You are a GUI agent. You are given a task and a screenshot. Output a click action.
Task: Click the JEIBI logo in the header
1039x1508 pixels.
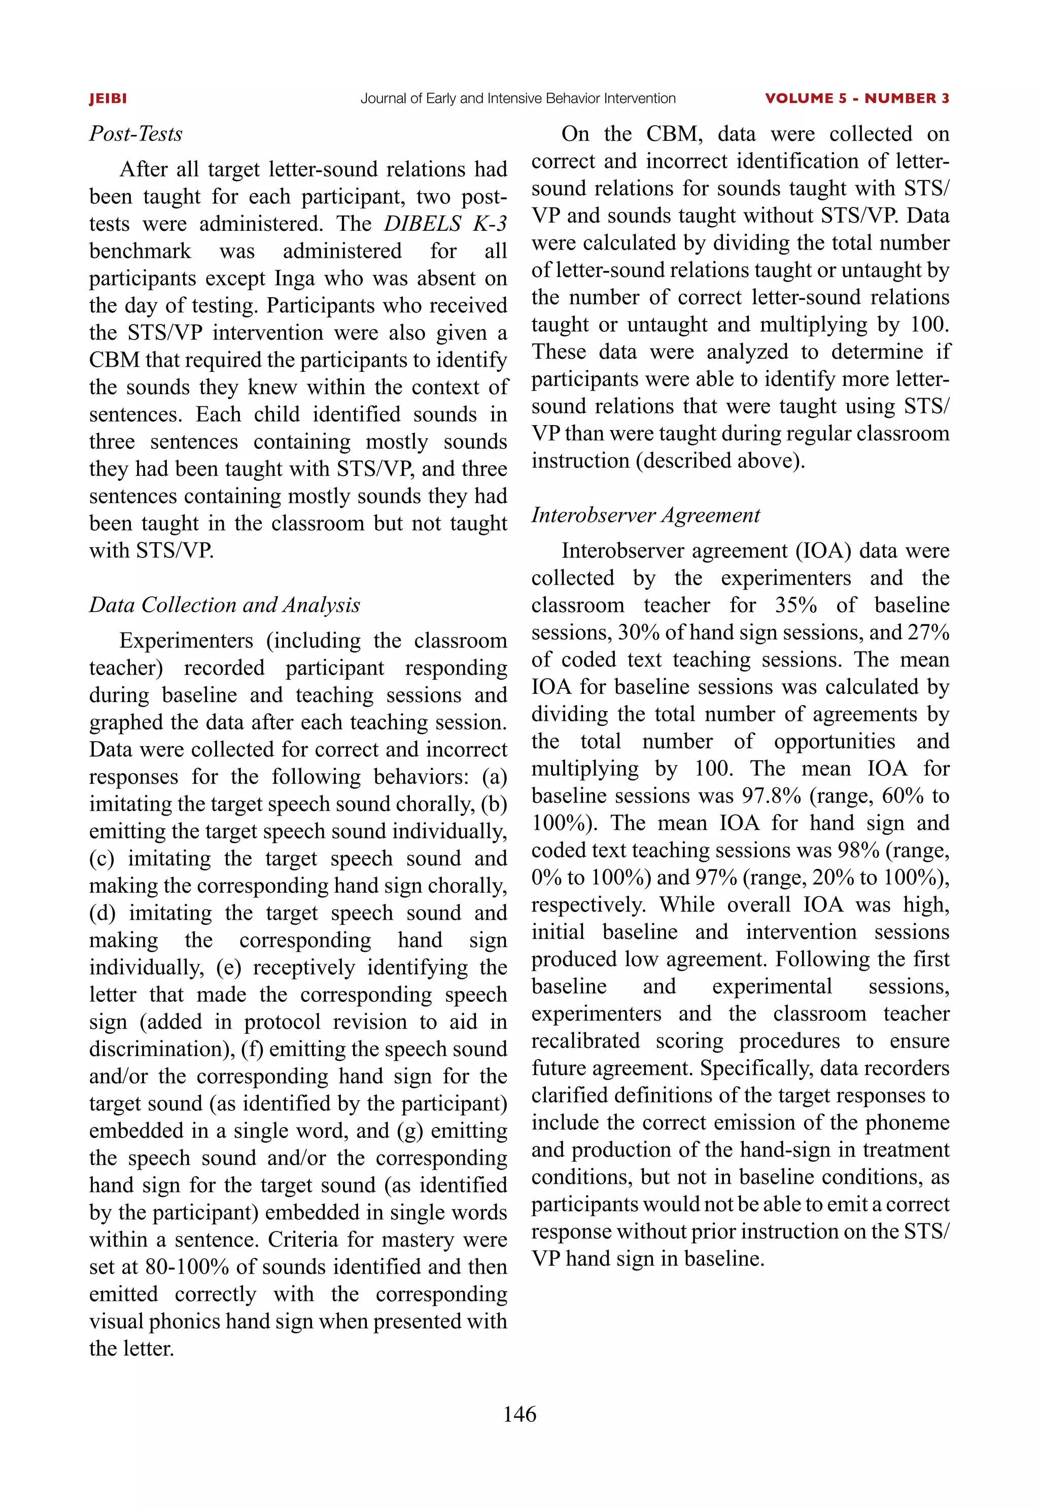pos(108,99)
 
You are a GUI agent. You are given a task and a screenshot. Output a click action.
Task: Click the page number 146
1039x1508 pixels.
pos(519,1414)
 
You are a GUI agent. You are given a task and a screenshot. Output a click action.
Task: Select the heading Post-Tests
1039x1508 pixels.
pos(135,134)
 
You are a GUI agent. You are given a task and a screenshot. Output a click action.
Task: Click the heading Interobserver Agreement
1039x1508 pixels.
pos(645,515)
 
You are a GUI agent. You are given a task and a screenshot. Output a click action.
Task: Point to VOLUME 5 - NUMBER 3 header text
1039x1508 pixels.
pos(857,99)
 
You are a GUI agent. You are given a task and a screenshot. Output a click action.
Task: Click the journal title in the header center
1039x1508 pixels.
pos(518,99)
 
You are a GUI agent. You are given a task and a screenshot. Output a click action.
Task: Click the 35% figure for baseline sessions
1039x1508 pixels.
pos(795,605)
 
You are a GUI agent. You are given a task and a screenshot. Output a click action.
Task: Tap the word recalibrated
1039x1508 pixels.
pos(585,1041)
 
